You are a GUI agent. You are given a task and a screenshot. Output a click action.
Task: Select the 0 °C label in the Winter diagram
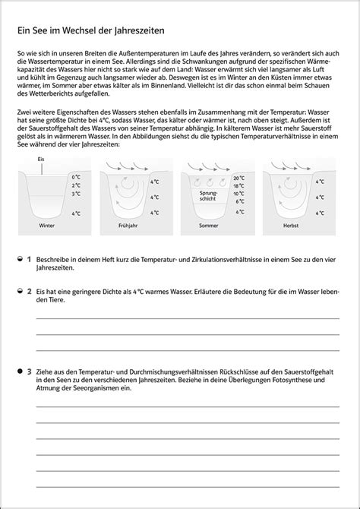(75, 176)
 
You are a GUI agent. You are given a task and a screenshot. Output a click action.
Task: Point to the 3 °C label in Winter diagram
(75, 194)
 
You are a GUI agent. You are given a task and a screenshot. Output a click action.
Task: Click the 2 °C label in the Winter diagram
(75, 185)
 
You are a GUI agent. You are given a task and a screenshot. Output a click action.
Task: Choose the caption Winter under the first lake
(47, 226)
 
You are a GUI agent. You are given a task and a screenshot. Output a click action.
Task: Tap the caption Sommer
(208, 226)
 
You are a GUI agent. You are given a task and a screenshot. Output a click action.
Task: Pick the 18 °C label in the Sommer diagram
(239, 185)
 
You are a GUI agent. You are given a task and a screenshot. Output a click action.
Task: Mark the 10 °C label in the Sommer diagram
(239, 193)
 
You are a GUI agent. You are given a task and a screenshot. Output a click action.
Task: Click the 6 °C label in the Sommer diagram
(239, 201)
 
